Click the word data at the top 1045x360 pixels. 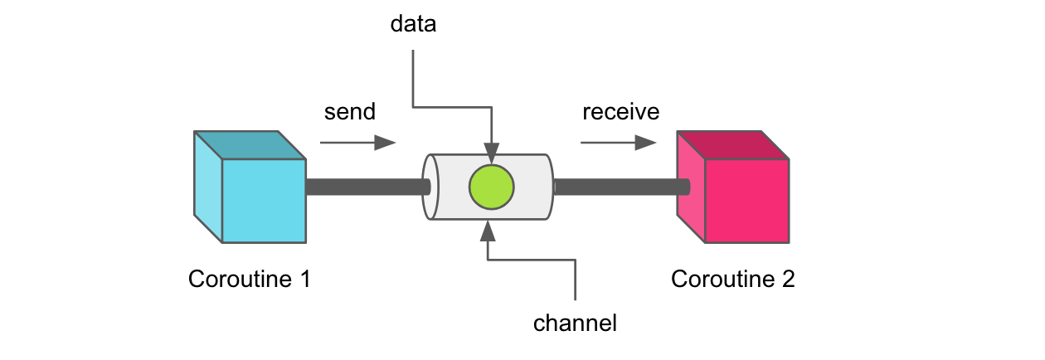pyautogui.click(x=413, y=25)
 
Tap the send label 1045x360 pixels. pyautogui.click(x=349, y=111)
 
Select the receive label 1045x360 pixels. pyautogui.click(x=620, y=111)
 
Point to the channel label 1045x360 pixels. pyautogui.click(x=575, y=323)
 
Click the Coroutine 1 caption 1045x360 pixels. pyautogui.click(x=249, y=279)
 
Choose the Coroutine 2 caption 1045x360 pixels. pyautogui.click(x=732, y=279)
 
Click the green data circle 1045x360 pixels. pyautogui.click(x=492, y=187)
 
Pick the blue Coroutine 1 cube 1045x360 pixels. pyautogui.click(x=264, y=200)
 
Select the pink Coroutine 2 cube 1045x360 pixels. pyautogui.click(x=746, y=200)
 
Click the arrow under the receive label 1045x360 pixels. pyautogui.click(x=618, y=143)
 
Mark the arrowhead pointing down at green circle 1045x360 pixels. pyautogui.click(x=492, y=157)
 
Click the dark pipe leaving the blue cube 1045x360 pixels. pyautogui.click(x=365, y=187)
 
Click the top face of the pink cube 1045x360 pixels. pyautogui.click(x=732, y=144)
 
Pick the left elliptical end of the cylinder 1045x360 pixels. pyautogui.click(x=428, y=187)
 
